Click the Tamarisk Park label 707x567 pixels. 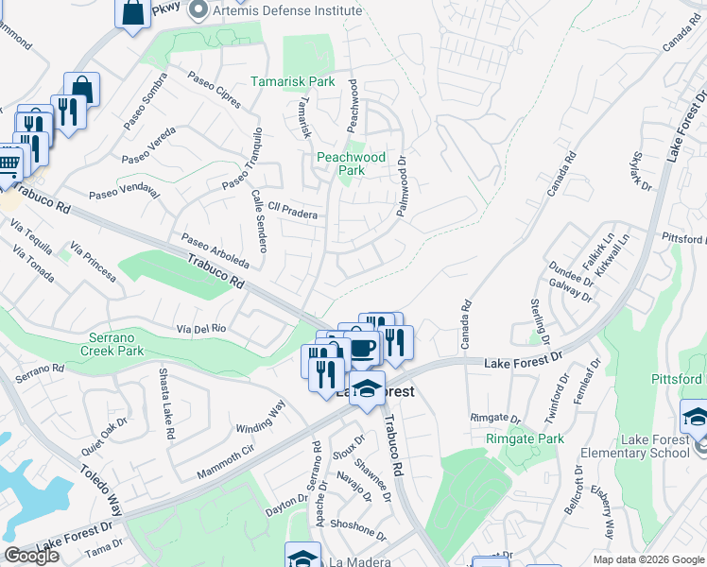[x=292, y=82]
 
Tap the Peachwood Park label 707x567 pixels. [x=352, y=163]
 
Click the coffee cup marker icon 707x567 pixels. [x=363, y=347]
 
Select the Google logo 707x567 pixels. [x=31, y=556]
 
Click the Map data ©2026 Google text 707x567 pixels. [x=647, y=558]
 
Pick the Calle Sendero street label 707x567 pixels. [x=260, y=222]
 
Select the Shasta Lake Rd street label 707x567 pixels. [x=166, y=404]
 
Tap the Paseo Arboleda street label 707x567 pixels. [x=216, y=249]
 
